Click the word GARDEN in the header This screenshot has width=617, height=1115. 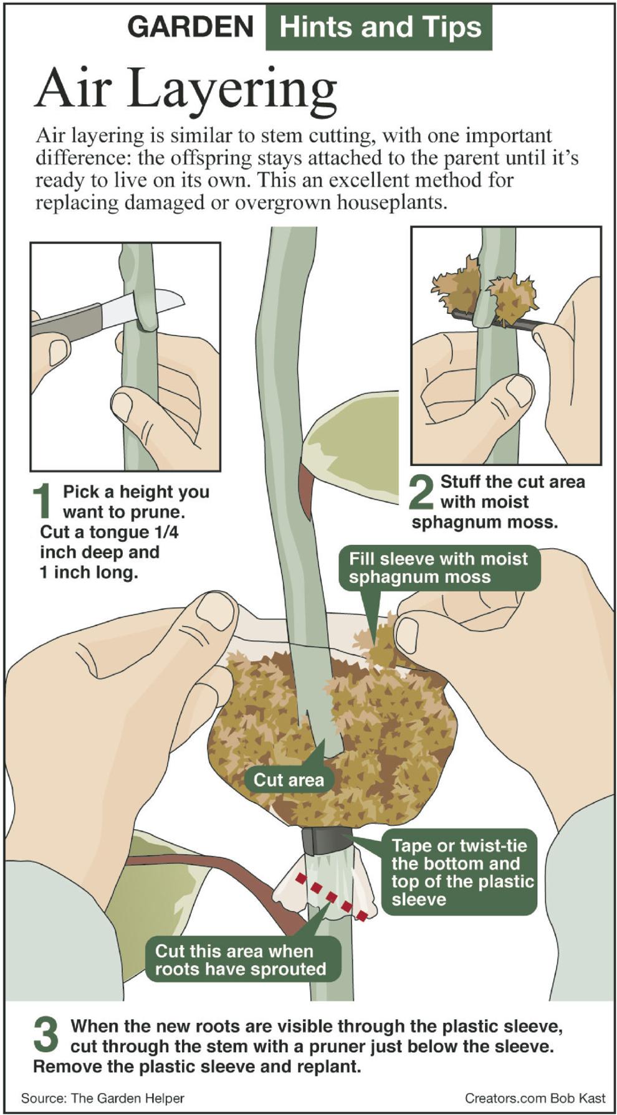[190, 27]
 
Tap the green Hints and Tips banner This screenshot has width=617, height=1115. [379, 27]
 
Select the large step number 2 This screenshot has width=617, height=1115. [422, 492]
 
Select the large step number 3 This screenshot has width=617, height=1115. [45, 1035]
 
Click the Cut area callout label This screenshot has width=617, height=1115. [289, 780]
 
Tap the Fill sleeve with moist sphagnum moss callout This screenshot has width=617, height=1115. [438, 567]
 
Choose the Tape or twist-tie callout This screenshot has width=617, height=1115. [459, 872]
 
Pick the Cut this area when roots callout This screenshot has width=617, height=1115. [241, 960]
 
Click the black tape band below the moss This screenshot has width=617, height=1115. [327, 842]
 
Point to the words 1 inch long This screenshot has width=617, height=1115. [88, 572]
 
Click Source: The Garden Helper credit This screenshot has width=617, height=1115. [102, 1098]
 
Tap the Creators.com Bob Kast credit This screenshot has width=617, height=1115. [535, 1098]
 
